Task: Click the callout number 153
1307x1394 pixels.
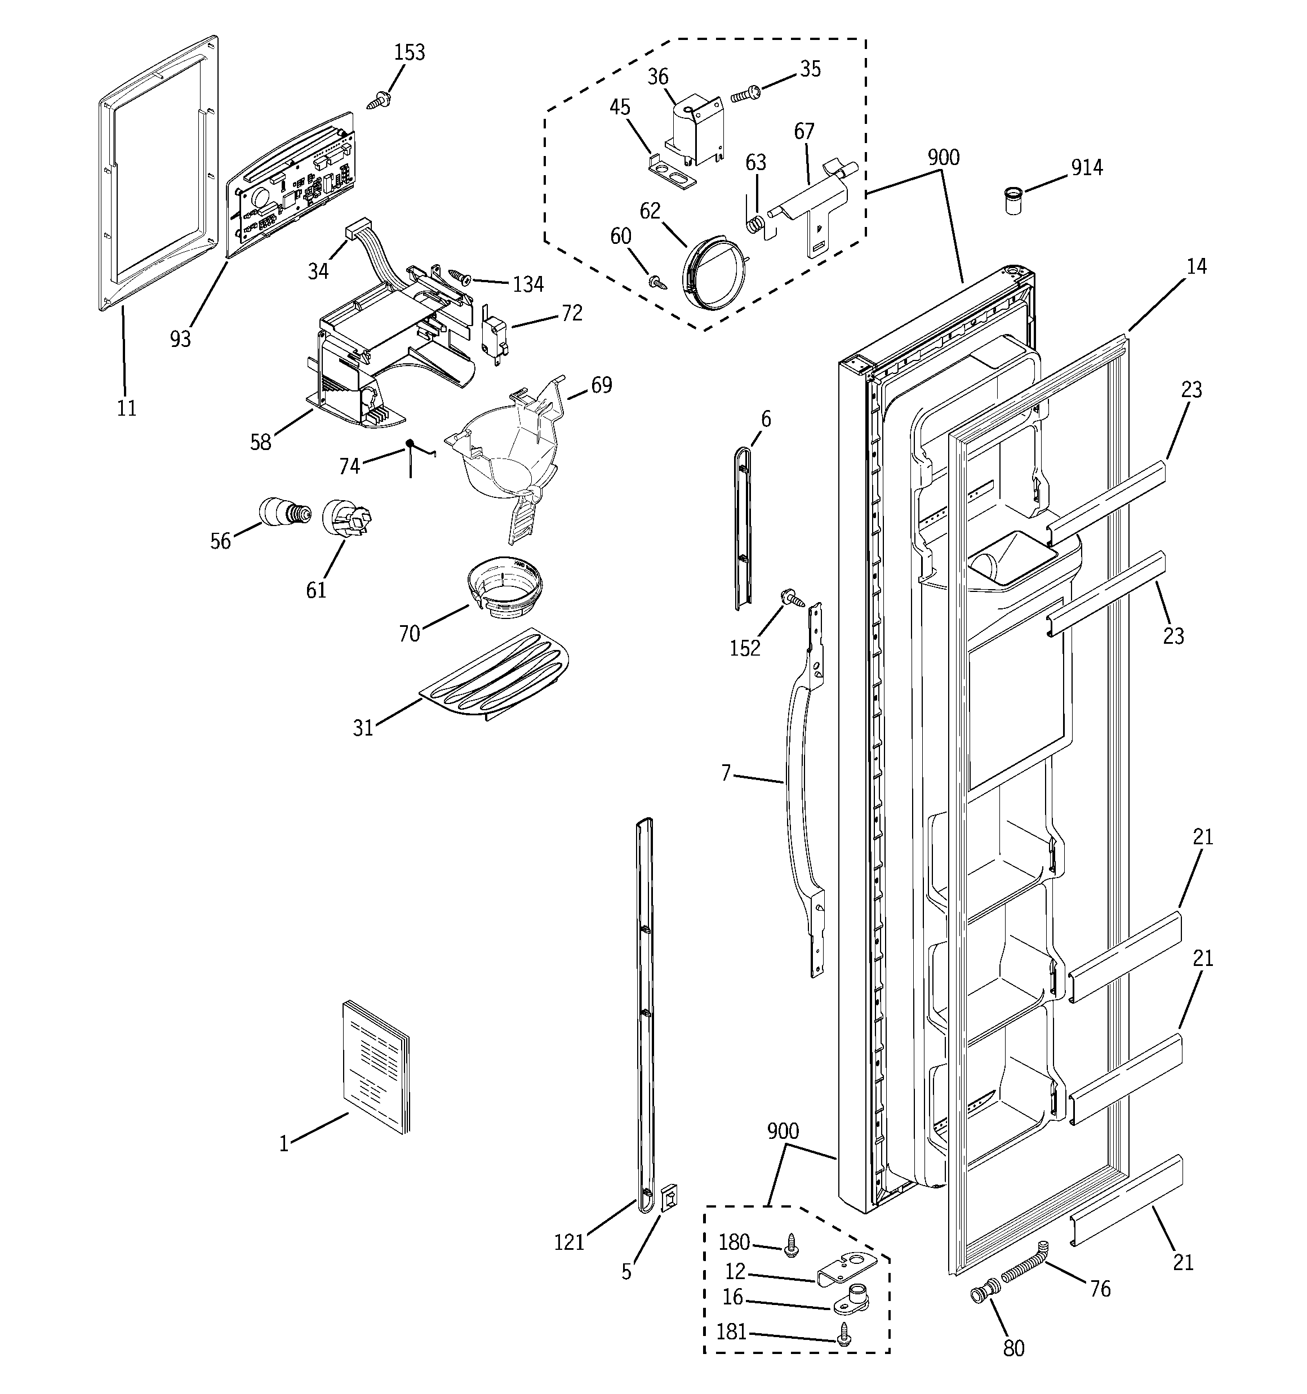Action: tap(409, 52)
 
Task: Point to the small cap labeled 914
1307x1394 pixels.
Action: tap(1012, 200)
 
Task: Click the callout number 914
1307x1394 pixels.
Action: tap(1086, 168)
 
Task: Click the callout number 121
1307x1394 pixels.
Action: tap(569, 1242)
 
